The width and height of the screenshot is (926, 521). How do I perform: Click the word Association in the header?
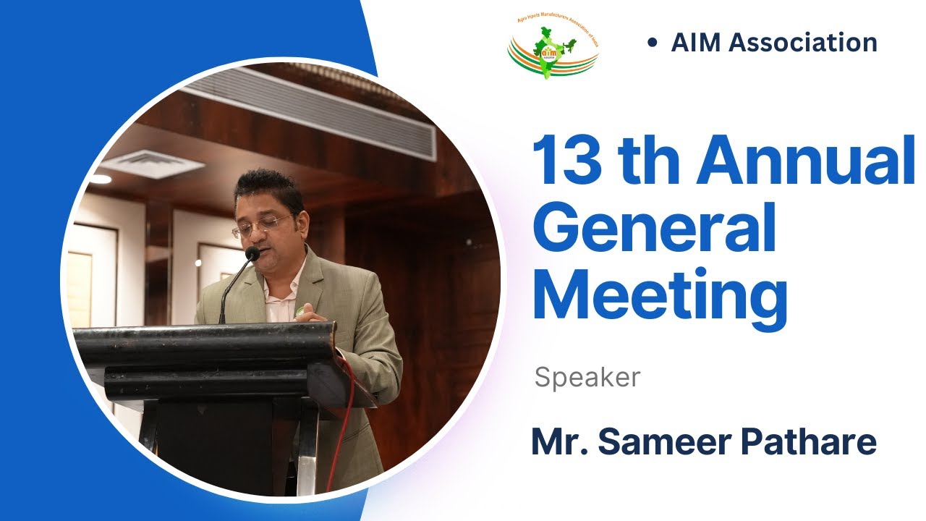coord(803,43)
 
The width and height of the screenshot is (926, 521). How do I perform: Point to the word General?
coord(654,229)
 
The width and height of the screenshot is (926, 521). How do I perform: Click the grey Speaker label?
coord(587,377)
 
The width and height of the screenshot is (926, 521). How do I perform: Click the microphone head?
coord(252,254)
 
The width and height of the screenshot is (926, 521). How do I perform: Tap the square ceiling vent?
coord(152,164)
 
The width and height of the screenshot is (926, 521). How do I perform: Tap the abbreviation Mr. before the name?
coord(554,441)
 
